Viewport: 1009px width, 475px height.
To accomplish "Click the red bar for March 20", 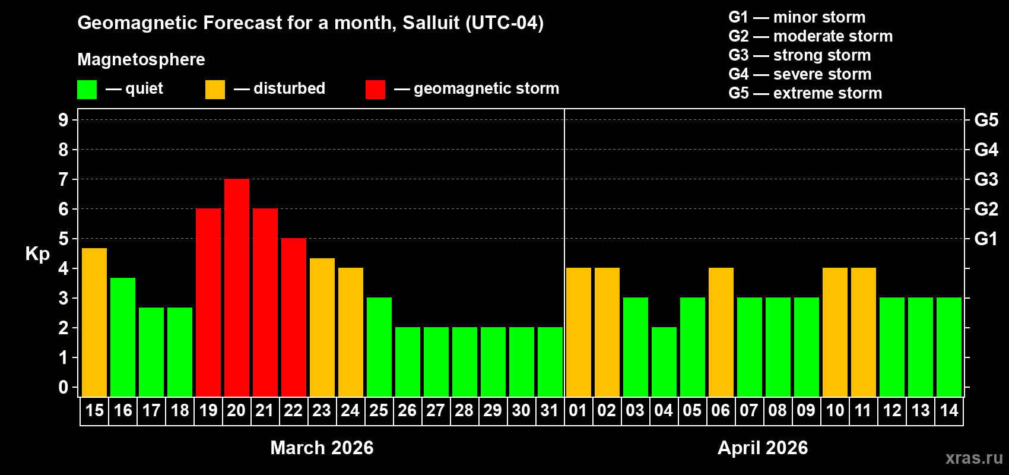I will (x=237, y=287).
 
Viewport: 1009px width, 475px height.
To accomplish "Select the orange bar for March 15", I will (x=94, y=322).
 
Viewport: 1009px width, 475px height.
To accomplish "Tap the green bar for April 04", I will (x=664, y=362).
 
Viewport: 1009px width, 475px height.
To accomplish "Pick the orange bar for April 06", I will (x=721, y=332).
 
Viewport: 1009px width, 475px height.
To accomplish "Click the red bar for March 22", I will (x=294, y=317).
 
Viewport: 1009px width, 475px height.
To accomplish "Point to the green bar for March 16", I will (x=123, y=337).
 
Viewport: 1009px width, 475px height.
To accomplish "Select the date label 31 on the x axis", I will (x=550, y=411).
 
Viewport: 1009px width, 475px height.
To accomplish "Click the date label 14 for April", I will (x=949, y=411).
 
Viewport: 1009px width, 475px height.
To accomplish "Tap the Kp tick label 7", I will (x=64, y=179).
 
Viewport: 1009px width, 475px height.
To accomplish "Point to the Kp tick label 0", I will (x=64, y=387).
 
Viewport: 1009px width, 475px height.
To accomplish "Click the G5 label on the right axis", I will (x=986, y=120).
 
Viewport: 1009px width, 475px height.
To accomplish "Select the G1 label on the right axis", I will (x=986, y=239).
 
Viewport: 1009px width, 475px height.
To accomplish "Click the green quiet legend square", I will (x=87, y=90).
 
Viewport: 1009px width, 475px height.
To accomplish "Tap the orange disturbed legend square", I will (x=215, y=90).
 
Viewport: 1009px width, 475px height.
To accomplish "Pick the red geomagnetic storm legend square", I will (x=375, y=90).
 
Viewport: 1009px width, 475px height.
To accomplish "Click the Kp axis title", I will (x=37, y=254).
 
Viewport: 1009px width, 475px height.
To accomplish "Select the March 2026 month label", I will (x=322, y=448).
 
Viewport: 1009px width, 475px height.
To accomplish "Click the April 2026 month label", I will (x=763, y=448).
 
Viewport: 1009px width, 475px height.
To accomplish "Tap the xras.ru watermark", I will (x=974, y=458).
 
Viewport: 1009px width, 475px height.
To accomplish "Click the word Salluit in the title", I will (x=431, y=23).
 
